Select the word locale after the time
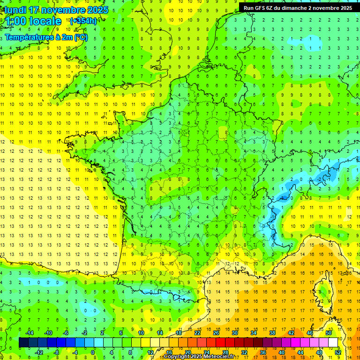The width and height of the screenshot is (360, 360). [x=45, y=21]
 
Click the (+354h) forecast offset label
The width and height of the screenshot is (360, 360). [x=83, y=21]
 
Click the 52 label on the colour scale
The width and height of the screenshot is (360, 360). [x=338, y=352]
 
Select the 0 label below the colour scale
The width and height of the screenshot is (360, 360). [x=93, y=352]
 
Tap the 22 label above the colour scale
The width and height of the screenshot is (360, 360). [x=197, y=333]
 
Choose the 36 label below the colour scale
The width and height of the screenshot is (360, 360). [x=263, y=352]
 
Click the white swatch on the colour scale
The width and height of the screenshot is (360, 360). [x=333, y=343]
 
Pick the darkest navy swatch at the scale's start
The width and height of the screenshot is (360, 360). [x=24, y=343]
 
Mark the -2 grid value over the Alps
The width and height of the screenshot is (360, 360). [x=319, y=179]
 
